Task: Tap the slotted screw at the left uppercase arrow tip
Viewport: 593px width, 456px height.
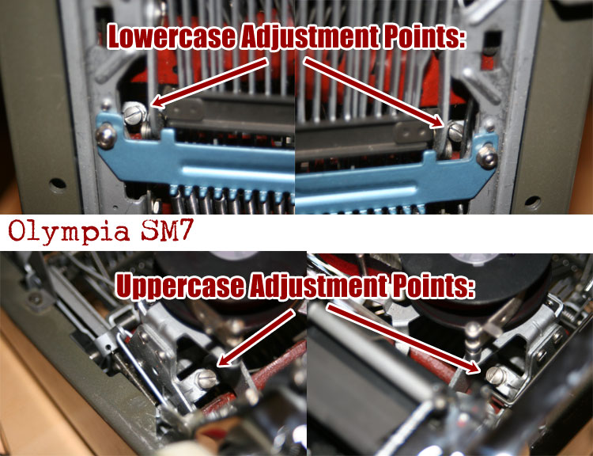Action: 208,378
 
